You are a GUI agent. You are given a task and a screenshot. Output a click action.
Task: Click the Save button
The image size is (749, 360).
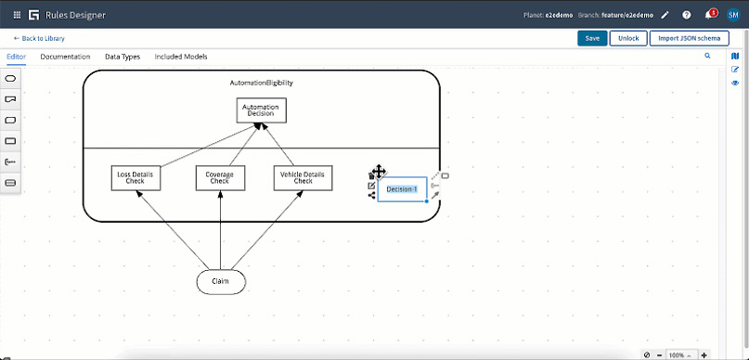coord(591,38)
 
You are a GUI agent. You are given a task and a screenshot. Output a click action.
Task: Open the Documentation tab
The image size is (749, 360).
coord(65,57)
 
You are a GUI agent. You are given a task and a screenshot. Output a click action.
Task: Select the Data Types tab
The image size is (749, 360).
coord(123,57)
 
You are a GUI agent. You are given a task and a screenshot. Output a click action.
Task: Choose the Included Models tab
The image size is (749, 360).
coord(181,57)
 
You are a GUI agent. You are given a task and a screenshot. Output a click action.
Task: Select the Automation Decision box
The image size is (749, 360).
coord(261,110)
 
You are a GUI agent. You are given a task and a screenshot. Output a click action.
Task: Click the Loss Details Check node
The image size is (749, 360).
coord(136,177)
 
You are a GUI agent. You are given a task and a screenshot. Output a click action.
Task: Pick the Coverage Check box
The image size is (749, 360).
coord(220,177)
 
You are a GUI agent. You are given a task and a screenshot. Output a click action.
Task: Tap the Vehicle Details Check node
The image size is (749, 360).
coord(303,177)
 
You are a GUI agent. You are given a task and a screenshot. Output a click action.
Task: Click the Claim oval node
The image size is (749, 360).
coord(221,281)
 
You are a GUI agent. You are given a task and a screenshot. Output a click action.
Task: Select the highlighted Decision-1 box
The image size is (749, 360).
coord(402,189)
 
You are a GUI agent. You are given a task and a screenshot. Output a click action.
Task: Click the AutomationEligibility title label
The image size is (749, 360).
coord(261,83)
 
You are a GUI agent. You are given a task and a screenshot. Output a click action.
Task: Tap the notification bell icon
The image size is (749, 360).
coord(710,16)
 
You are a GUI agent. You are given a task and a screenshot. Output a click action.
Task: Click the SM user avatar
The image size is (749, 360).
coord(734,16)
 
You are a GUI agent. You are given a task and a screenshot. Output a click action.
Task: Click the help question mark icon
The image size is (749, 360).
coord(687,16)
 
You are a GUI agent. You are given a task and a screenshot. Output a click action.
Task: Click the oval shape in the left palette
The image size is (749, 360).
coord(11,79)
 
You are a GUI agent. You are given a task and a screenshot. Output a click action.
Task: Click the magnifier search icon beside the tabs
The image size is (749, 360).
coord(707,57)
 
